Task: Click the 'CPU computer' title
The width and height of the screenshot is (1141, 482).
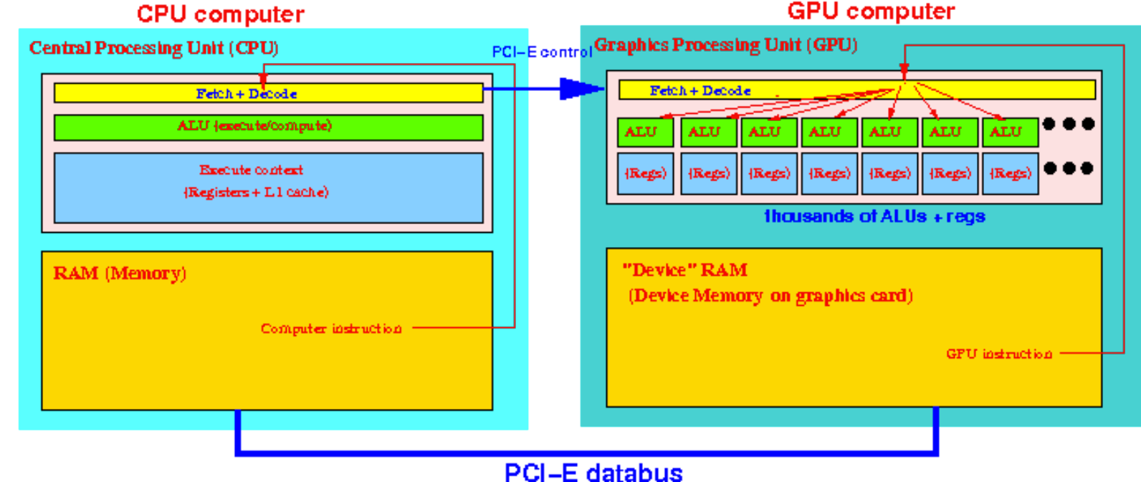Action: pos(220,14)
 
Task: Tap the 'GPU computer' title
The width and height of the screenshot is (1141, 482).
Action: pos(871,11)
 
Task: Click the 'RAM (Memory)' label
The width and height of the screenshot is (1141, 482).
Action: pos(120,274)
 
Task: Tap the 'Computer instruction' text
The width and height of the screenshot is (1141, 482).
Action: pos(331,329)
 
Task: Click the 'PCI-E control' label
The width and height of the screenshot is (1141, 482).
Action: pos(541,52)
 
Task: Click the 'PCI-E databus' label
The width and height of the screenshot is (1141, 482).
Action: pos(593,472)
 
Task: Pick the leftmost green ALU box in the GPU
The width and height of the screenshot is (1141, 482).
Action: pos(644,132)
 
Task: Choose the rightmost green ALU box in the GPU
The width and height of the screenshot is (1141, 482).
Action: pos(1010,132)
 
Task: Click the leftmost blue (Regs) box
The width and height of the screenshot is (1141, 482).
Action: pos(645,173)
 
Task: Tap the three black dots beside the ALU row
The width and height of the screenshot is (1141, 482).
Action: pos(1069,124)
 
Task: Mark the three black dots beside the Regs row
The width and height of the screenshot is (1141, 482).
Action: pos(1069,168)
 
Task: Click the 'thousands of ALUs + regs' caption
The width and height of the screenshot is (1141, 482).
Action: pos(874,216)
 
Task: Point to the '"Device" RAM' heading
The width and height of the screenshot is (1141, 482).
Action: pos(684,270)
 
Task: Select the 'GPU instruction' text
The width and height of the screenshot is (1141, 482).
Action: pos(999,354)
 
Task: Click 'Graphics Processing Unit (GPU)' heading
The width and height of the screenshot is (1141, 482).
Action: pos(725,45)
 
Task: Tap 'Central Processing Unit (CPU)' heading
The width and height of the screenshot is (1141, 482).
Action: pos(153,48)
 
